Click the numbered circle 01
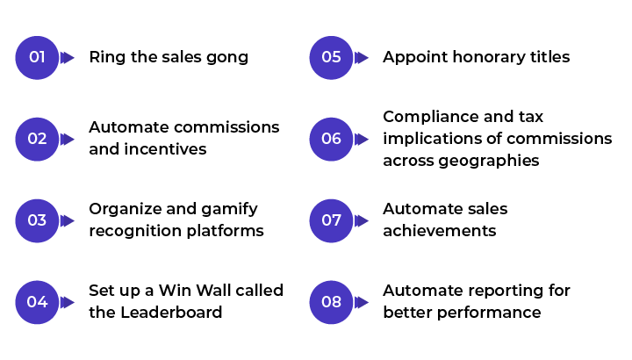tap(37, 58)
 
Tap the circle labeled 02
tap(37, 139)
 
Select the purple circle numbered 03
tap(37, 220)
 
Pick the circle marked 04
tap(37, 302)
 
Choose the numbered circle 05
tap(331, 58)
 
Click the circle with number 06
tap(331, 139)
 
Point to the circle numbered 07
tap(331, 220)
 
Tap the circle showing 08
tap(331, 302)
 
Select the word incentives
tap(165, 149)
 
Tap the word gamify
tap(229, 210)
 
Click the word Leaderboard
tap(171, 312)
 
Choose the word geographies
tap(489, 162)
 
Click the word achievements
tap(440, 231)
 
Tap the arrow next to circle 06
tap(361, 139)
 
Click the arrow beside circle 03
tap(67, 220)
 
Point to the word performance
tap(489, 313)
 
